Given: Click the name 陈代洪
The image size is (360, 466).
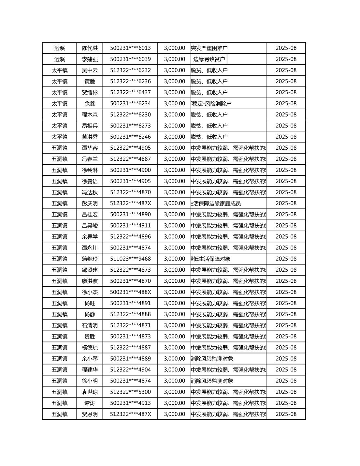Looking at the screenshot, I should click(x=90, y=48).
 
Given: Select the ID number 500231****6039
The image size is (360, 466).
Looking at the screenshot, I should click(x=130, y=59).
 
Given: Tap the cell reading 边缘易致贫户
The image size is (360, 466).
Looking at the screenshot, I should click(x=209, y=59).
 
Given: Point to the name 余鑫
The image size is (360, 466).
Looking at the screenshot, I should click(x=90, y=103).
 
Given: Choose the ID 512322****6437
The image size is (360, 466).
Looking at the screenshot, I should click(x=130, y=92).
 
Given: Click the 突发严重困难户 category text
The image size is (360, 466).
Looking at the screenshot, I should click(x=209, y=48).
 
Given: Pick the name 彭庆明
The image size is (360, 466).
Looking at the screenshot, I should click(x=90, y=203).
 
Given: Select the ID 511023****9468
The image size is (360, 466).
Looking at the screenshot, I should click(x=130, y=259).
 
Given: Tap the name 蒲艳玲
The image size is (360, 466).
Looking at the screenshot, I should click(x=90, y=259).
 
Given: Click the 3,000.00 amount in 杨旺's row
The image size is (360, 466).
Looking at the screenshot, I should click(x=174, y=303).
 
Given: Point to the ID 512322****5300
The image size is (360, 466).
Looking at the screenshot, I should click(x=130, y=392).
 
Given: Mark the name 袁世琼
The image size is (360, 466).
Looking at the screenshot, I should click(x=90, y=392).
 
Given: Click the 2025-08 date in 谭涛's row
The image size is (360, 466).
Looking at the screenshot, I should click(x=286, y=403).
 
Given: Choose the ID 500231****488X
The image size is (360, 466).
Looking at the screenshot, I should click(x=130, y=292).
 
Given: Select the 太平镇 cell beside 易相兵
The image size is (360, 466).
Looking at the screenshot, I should click(x=60, y=126).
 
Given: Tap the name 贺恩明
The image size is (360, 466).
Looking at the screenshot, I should click(x=90, y=414).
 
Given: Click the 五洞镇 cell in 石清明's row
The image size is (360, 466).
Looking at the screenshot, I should click(x=60, y=325).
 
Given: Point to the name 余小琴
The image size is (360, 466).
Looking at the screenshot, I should click(x=90, y=358).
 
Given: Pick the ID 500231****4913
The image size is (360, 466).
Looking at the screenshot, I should click(x=130, y=403).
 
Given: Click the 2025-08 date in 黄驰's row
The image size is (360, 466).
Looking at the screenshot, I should click(x=286, y=81).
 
